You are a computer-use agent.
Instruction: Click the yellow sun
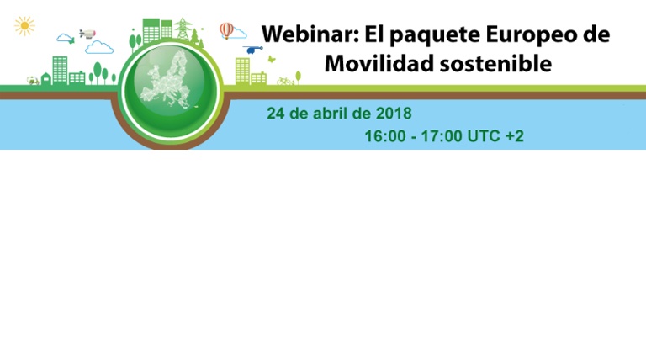click(24, 26)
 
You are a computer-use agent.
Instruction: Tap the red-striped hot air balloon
click(226, 30)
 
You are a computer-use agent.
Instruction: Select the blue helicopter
click(252, 50)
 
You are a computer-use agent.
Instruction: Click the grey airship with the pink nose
click(87, 34)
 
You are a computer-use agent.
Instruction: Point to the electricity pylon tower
click(183, 29)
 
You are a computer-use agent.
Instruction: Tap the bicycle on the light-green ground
click(284, 81)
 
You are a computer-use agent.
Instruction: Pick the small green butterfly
click(272, 60)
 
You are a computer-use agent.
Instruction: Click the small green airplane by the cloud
click(71, 40)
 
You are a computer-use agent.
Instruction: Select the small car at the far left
click(33, 81)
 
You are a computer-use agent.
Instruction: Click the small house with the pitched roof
click(46, 79)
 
